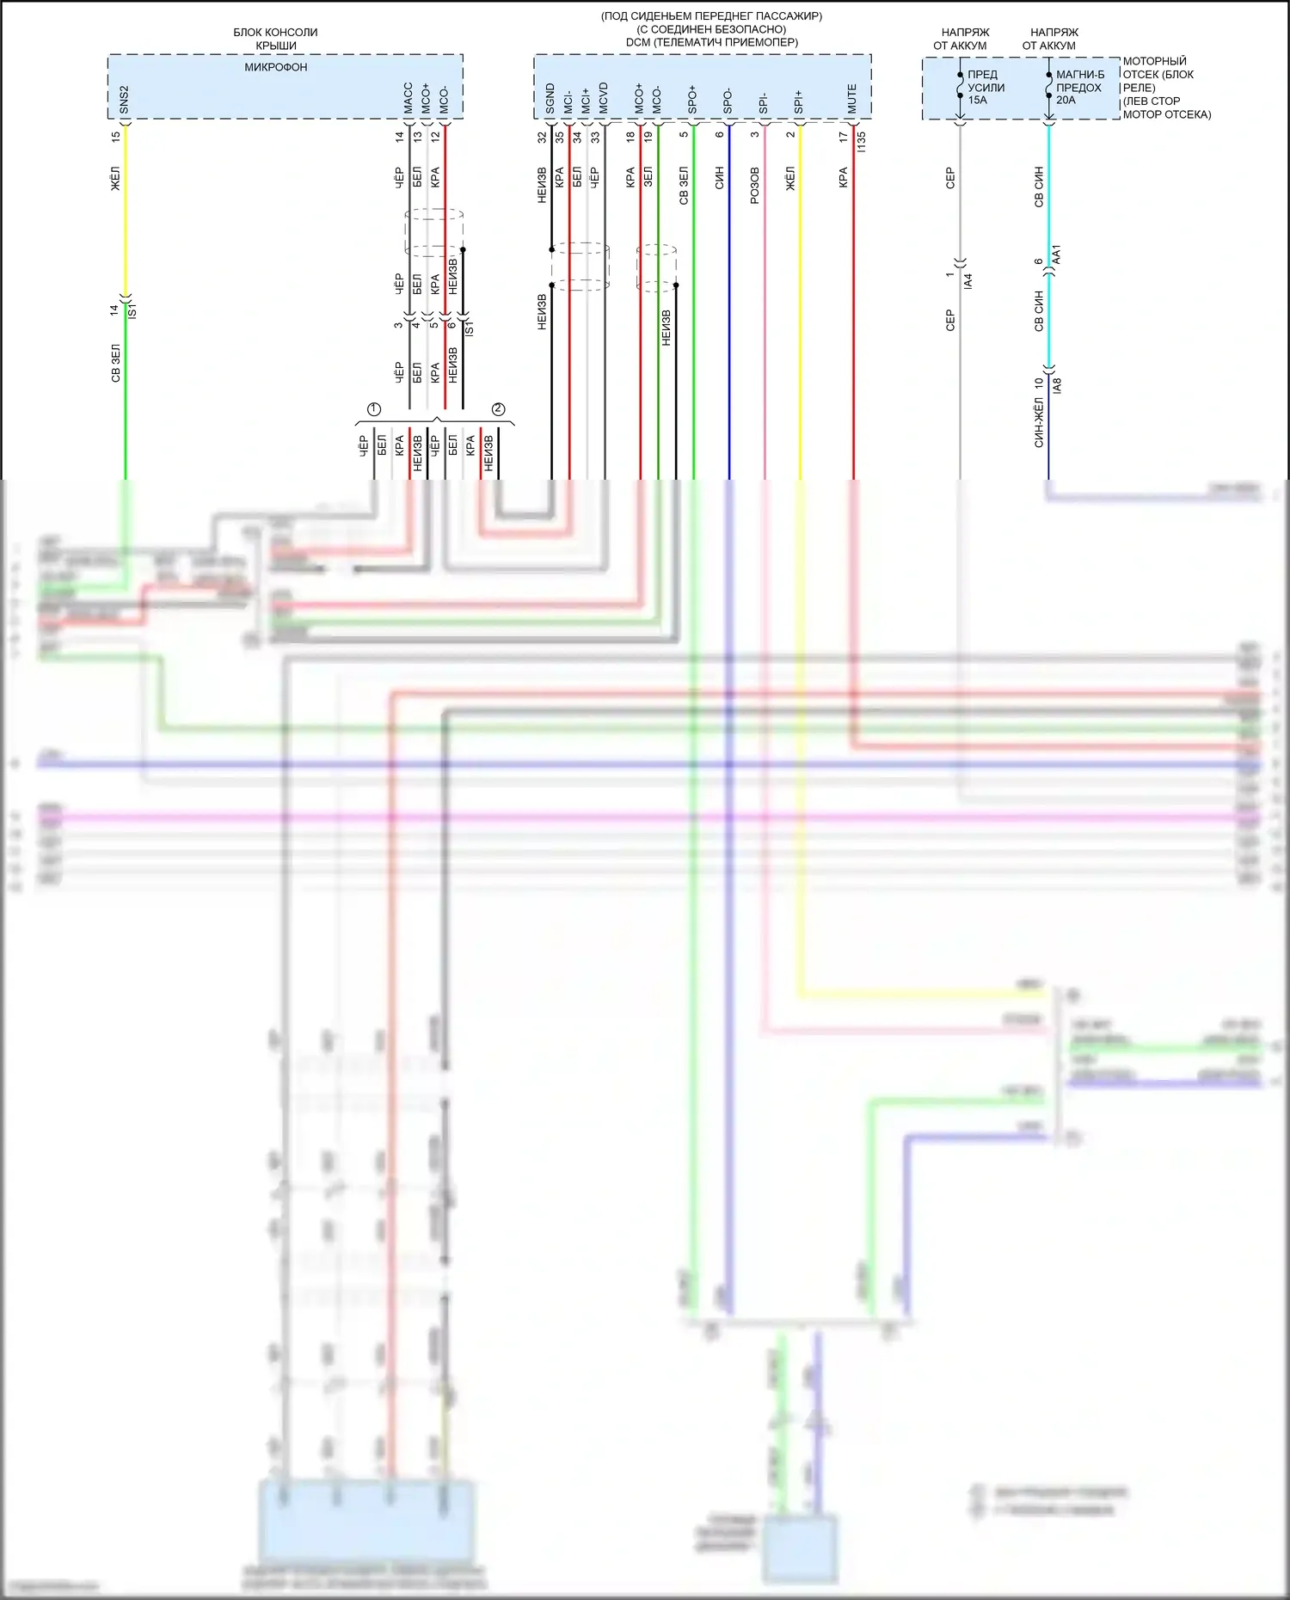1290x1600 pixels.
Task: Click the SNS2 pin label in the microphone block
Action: coord(125,100)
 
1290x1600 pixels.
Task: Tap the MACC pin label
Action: coord(408,98)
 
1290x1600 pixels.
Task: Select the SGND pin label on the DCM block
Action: coord(550,99)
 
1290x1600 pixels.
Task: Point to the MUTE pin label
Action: coord(852,99)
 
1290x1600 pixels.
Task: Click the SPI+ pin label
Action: coord(799,101)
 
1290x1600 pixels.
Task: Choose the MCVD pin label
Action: coord(604,98)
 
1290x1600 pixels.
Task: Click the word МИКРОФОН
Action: coord(276,67)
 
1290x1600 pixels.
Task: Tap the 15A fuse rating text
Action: coord(978,100)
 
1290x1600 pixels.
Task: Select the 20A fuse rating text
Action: coord(1066,100)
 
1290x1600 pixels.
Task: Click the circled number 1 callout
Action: coord(374,409)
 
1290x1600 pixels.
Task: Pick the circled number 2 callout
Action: coord(498,409)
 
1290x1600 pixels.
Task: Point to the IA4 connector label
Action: coord(968,280)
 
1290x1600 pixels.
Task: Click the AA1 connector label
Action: coord(1057,254)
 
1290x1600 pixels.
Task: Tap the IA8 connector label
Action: coord(1057,385)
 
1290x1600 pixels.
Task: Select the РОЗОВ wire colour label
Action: coord(755,185)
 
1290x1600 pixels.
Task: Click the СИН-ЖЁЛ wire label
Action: coord(1039,422)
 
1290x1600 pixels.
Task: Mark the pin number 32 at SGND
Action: coord(542,137)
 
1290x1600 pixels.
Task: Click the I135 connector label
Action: coord(862,141)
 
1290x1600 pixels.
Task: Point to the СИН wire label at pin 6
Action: coord(720,178)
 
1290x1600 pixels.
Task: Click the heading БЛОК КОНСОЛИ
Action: coord(275,33)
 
